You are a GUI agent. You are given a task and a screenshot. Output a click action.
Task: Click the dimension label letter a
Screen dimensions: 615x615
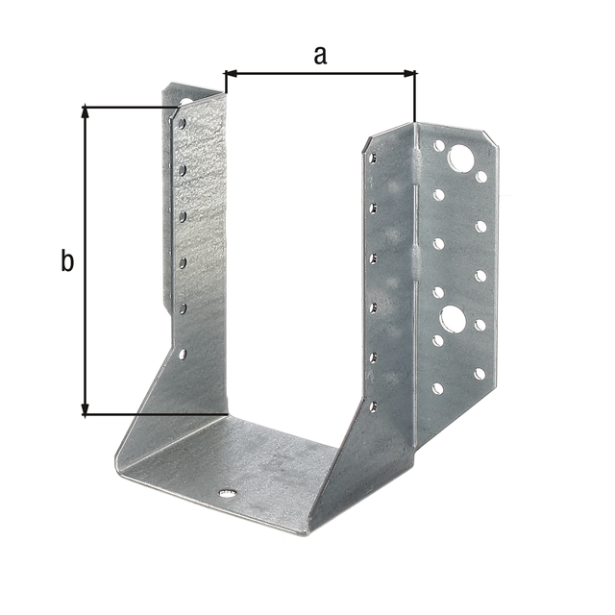(320, 56)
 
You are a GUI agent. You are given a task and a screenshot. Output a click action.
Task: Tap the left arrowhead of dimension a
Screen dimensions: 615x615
(231, 73)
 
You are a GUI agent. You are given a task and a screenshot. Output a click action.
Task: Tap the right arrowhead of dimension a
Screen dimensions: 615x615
(409, 73)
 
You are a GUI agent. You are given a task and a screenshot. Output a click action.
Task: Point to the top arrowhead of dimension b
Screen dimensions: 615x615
(85, 112)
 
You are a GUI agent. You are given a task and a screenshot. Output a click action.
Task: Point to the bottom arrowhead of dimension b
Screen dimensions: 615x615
(85, 407)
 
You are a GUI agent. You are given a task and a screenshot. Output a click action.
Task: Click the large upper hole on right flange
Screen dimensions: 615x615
(461, 158)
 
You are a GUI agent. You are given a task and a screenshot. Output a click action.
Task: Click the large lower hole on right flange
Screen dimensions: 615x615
(453, 318)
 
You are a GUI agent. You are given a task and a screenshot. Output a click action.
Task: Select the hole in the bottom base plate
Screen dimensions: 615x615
(228, 493)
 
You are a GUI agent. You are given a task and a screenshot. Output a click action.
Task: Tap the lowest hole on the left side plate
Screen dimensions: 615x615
(183, 355)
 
